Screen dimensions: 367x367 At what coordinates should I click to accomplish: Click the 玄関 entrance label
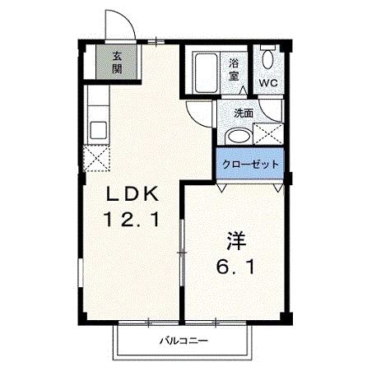coord(117,63)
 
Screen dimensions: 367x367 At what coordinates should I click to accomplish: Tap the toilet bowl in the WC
coord(267,59)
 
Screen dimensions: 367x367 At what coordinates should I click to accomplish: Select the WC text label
coord(268,83)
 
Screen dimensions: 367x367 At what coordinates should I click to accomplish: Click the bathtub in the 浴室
coord(206,73)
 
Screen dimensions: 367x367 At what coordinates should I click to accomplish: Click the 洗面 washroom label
coord(244,114)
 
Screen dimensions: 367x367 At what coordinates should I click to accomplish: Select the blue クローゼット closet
coord(250,164)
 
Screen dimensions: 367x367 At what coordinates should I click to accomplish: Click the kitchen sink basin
coord(98,129)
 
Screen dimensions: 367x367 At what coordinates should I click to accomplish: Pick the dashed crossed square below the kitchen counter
coord(97,159)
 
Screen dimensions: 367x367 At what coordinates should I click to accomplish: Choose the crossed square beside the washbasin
coord(268,134)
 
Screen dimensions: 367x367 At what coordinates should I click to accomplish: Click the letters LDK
coord(132,194)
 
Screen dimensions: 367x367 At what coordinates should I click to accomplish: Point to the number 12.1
coord(131,220)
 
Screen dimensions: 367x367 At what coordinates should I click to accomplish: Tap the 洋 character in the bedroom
coord(235,241)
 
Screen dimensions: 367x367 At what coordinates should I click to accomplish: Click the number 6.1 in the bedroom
coord(236,267)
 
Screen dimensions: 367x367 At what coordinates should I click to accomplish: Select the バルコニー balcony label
coord(184,341)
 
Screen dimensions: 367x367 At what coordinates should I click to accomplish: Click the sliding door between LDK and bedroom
coord(182,253)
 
